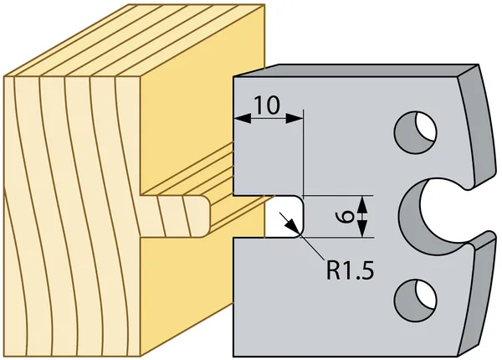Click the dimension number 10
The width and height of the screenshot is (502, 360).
[x=267, y=105]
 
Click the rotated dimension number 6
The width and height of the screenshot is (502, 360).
[x=346, y=217]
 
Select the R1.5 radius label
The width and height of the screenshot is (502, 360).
[x=350, y=269]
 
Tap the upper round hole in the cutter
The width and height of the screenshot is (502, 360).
[x=416, y=132]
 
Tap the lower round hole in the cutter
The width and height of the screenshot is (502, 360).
[x=416, y=301]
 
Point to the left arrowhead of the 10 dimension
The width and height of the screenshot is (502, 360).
[x=243, y=118]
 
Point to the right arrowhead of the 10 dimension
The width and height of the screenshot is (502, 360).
[x=295, y=118]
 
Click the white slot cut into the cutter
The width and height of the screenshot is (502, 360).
[x=284, y=217]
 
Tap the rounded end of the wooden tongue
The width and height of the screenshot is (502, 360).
[x=207, y=217]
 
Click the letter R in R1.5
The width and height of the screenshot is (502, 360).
[x=333, y=270]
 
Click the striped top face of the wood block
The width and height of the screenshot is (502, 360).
[x=135, y=40]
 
